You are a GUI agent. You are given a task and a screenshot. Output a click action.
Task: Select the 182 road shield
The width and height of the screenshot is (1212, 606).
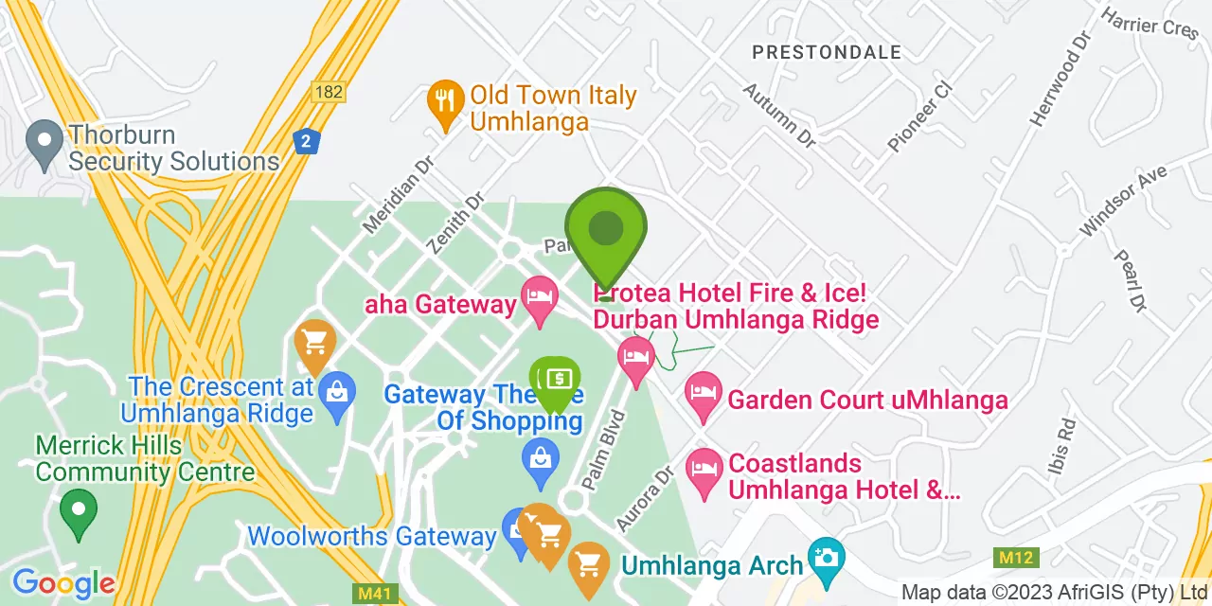[329, 92]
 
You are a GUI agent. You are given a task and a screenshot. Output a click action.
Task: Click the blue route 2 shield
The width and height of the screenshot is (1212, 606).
[305, 142]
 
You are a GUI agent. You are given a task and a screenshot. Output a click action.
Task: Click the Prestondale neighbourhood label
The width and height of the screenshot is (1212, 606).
[827, 53]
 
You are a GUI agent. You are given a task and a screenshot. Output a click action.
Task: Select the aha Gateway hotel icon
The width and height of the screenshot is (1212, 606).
[540, 298]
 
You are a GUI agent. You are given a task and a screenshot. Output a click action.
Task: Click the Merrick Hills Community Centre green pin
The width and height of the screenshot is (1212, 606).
[79, 509]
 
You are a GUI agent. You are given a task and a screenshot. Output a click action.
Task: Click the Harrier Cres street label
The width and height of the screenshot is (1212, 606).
[1150, 24]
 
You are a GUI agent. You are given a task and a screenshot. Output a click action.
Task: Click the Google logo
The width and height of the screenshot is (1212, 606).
[62, 583]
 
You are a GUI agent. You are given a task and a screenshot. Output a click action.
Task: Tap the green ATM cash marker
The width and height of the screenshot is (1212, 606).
[555, 380]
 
